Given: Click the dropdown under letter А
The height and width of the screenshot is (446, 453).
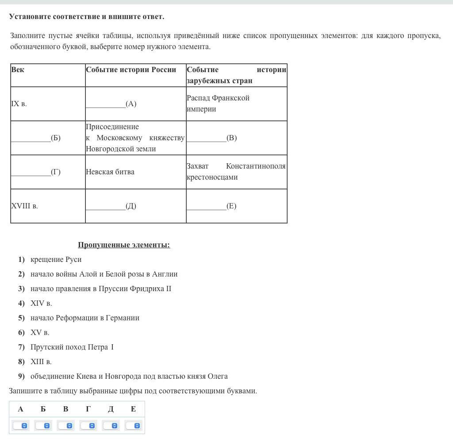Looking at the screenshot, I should coord(20,426).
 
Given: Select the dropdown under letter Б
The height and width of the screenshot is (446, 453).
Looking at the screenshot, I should coord(43,426).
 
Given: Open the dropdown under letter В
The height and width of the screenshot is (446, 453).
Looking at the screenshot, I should coord(65,426).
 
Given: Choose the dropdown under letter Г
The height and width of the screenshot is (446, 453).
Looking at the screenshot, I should coord(88,426).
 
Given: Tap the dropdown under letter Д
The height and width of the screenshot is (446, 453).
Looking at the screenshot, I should coord(111,426).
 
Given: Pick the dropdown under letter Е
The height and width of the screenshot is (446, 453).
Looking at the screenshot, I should coord(133,426).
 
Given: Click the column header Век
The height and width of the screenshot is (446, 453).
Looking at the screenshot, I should coord(18,70).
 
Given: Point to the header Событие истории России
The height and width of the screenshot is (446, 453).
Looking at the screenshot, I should coord(131,70).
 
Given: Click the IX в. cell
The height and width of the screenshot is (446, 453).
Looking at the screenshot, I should coord(19,104).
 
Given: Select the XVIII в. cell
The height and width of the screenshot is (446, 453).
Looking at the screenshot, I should coord(24,206).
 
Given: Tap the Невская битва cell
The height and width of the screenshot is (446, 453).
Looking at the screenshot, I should coord(110,172).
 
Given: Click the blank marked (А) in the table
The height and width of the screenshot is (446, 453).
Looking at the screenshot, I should coord(111,104).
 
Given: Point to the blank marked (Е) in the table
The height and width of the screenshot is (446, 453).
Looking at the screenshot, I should coord(211,206).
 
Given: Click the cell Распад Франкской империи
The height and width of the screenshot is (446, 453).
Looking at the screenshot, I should coord(218,104).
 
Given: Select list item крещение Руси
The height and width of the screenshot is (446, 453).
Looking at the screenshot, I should coord(56,260).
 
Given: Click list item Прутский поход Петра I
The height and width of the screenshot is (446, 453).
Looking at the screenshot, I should coord(72,347).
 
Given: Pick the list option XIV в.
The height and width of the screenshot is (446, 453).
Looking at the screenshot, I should coord(41,304).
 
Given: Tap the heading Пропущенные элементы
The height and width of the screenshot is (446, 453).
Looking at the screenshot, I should coord(124,245).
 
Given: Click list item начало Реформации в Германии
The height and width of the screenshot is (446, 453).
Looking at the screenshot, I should coord(84,318).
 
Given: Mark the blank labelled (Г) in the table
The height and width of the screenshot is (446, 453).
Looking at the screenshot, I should coord(36,172).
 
